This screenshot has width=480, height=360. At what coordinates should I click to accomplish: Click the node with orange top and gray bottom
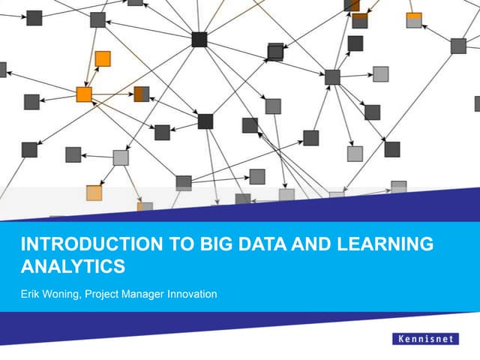coord(414,20)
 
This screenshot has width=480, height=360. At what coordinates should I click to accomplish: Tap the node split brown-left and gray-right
coord(141,94)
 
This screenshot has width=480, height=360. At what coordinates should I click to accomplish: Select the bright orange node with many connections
coord(84,94)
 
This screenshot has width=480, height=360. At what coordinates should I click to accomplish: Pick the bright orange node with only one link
coord(103,58)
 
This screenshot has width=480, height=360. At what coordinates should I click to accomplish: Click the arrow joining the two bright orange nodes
coord(93,77)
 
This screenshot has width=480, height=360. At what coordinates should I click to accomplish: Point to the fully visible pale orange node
coord(94,193)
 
